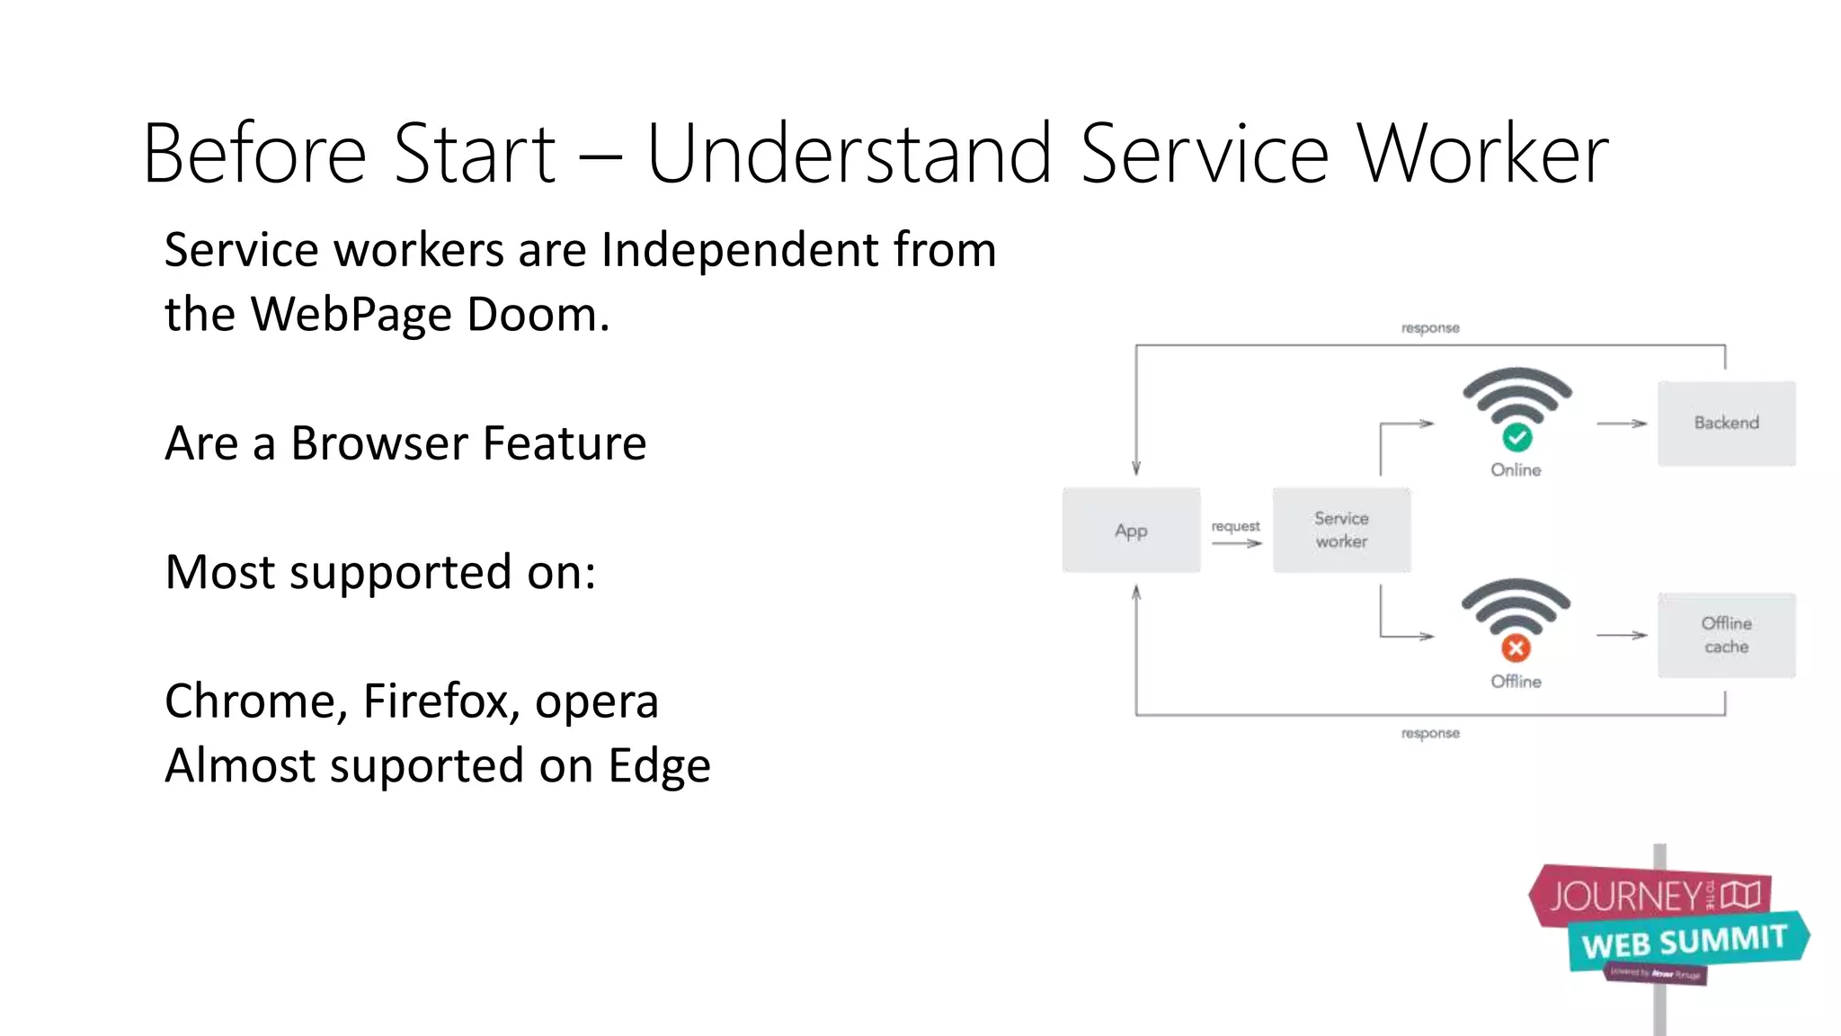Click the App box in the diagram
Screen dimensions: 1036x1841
[x=1131, y=531]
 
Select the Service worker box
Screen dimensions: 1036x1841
[x=1341, y=531]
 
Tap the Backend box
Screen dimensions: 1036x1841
[x=1726, y=423]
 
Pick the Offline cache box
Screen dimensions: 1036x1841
[x=1726, y=635]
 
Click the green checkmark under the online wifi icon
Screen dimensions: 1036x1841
[x=1517, y=438]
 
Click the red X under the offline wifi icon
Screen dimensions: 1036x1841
[x=1516, y=648]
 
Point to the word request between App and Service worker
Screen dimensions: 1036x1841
[x=1235, y=526]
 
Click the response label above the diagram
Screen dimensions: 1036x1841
[x=1430, y=328]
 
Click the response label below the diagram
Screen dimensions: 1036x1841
[x=1430, y=734]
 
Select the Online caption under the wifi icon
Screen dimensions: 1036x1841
[x=1516, y=469]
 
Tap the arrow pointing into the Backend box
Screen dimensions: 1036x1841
[x=1622, y=423]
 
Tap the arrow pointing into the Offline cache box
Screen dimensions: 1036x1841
[x=1622, y=635]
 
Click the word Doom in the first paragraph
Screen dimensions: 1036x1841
[x=537, y=315]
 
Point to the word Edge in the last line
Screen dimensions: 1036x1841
[x=659, y=766]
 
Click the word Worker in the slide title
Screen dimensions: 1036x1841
[x=1482, y=155]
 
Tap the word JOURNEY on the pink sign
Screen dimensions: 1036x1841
[x=1625, y=896]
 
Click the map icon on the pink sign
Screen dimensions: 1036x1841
[x=1741, y=894]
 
